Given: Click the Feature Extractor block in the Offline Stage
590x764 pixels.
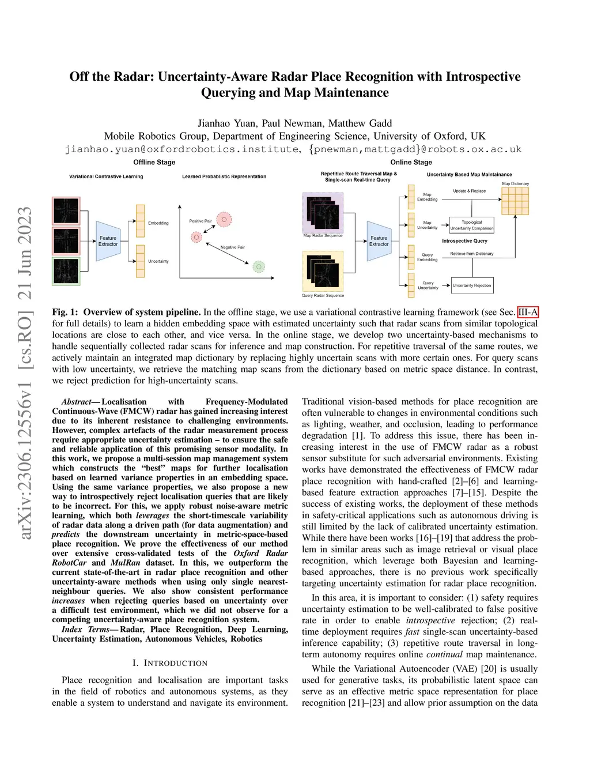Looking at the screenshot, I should click(x=108, y=240).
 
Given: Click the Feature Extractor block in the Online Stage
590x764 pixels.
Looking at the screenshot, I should click(x=379, y=240).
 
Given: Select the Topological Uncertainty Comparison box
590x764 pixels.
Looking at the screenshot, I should click(x=471, y=225).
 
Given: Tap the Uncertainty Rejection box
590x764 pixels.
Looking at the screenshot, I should click(x=472, y=285).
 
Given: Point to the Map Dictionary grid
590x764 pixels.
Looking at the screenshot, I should click(x=515, y=201).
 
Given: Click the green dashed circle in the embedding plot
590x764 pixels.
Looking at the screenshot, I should click(x=259, y=266).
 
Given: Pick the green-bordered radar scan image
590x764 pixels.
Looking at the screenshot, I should click(x=66, y=271).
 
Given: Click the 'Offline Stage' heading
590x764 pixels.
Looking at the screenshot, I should click(x=154, y=162).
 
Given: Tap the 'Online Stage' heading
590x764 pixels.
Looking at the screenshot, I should click(x=411, y=162).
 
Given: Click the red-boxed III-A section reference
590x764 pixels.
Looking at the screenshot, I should click(x=528, y=313).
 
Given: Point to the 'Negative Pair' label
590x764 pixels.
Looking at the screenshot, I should click(x=233, y=247).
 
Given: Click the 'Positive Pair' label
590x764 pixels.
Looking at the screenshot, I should click(x=200, y=221).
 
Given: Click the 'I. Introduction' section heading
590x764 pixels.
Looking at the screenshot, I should click(x=170, y=663).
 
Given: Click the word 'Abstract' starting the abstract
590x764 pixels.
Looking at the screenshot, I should click(x=76, y=402).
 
